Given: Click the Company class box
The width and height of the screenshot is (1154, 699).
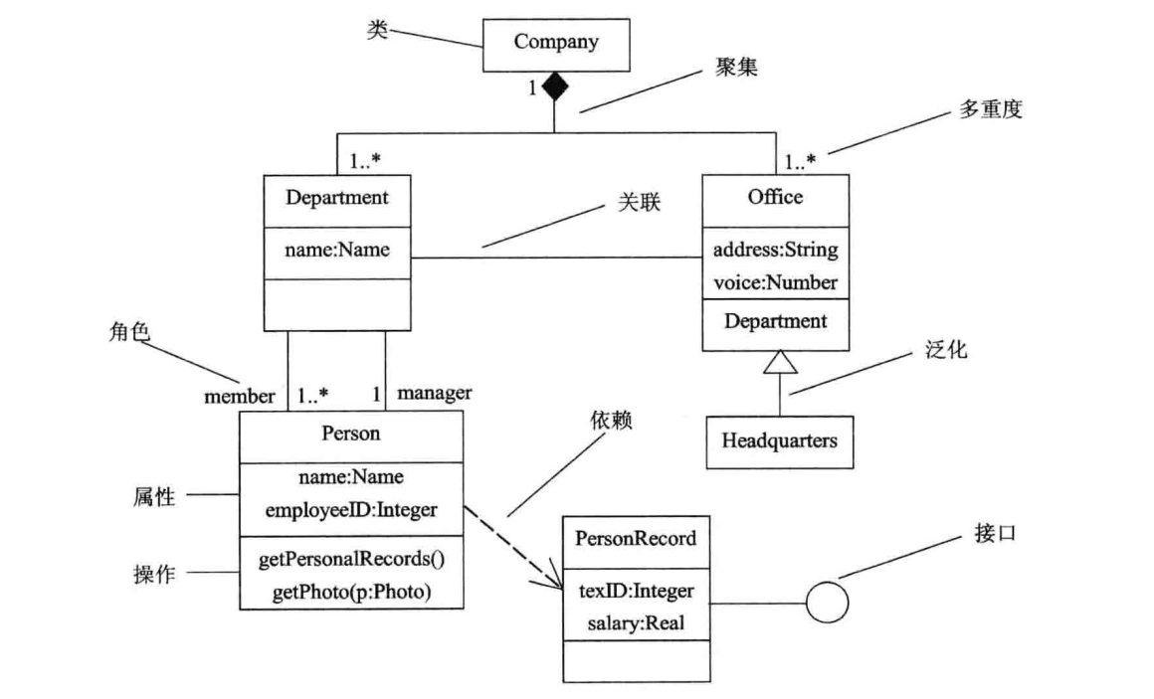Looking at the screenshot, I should point(556,42).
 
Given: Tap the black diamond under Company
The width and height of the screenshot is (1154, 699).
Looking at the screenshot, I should point(555,87).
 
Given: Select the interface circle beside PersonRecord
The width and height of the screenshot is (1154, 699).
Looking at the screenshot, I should point(827,603).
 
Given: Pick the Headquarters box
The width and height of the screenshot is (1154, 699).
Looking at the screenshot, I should point(780,438).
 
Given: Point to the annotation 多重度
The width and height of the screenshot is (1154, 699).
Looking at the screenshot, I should point(990,110).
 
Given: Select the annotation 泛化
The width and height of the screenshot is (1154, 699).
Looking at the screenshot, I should point(947,351).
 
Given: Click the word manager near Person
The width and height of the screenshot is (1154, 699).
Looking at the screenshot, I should point(435,393).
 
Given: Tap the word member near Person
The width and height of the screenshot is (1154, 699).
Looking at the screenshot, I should point(240,396).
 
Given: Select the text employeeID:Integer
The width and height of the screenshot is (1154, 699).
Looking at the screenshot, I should point(351,509).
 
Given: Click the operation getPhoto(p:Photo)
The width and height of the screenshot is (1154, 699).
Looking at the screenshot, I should point(351,593).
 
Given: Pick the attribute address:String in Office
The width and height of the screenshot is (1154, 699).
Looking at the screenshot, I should point(776,249).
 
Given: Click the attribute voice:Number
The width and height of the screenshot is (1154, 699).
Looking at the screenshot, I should point(776,282).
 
